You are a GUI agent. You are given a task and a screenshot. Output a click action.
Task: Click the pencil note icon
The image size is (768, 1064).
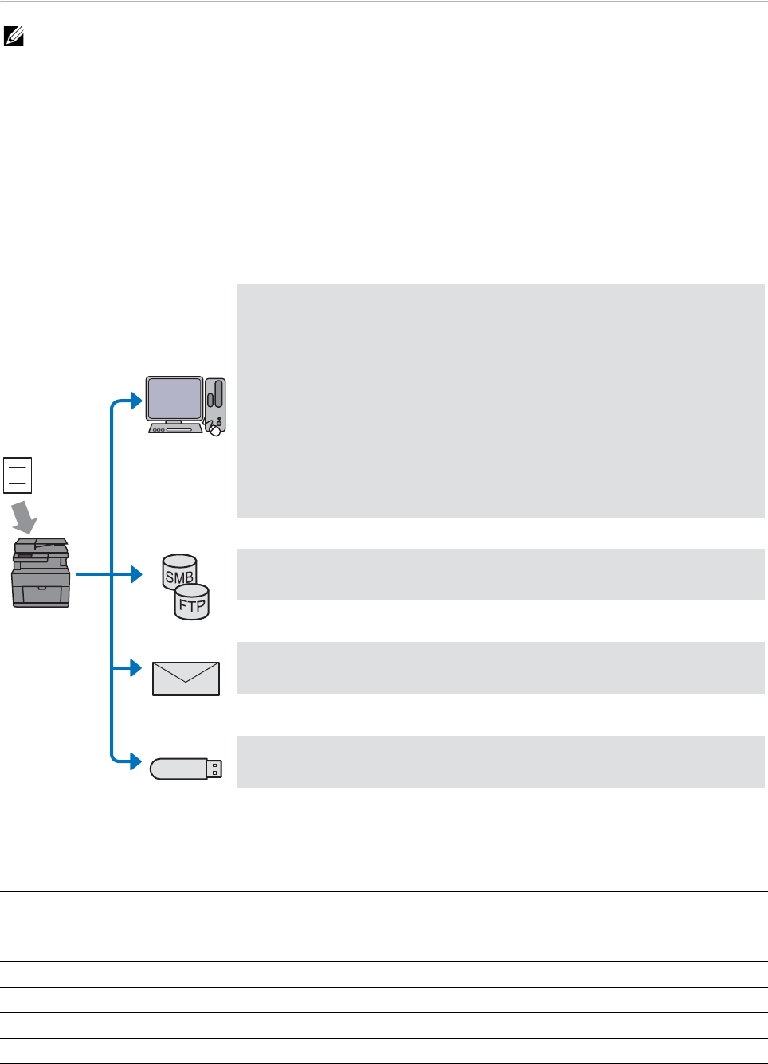(x=14, y=36)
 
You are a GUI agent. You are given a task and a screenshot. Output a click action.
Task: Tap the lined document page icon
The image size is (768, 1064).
(x=18, y=475)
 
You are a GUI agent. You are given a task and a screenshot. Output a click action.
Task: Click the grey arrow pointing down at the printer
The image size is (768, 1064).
(x=25, y=517)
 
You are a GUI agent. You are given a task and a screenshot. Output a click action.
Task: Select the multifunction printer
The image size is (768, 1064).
(x=41, y=573)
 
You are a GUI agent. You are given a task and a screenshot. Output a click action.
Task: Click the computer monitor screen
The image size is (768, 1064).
(x=174, y=398)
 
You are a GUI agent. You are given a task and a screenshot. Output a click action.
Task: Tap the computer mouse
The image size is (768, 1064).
(x=214, y=430)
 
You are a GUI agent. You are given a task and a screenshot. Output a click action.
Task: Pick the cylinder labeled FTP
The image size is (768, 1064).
(x=192, y=603)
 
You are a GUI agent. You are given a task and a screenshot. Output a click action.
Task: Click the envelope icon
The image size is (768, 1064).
(x=186, y=679)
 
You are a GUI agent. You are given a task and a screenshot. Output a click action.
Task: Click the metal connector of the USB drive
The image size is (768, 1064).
(x=214, y=769)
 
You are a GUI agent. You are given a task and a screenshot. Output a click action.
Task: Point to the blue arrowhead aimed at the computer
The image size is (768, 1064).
(x=136, y=402)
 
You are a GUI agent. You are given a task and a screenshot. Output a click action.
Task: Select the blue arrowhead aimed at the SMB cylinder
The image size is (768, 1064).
(x=136, y=573)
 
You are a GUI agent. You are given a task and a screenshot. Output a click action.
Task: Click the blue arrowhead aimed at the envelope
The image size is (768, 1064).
(x=136, y=667)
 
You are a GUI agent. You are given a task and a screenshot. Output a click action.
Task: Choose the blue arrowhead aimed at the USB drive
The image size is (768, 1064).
(x=136, y=761)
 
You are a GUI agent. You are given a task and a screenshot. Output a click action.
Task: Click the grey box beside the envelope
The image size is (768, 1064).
(x=500, y=667)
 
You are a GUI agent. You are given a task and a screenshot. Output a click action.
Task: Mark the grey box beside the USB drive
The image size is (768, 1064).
(x=500, y=761)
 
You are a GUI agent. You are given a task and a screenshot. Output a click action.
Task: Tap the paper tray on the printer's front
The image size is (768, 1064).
(x=41, y=594)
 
